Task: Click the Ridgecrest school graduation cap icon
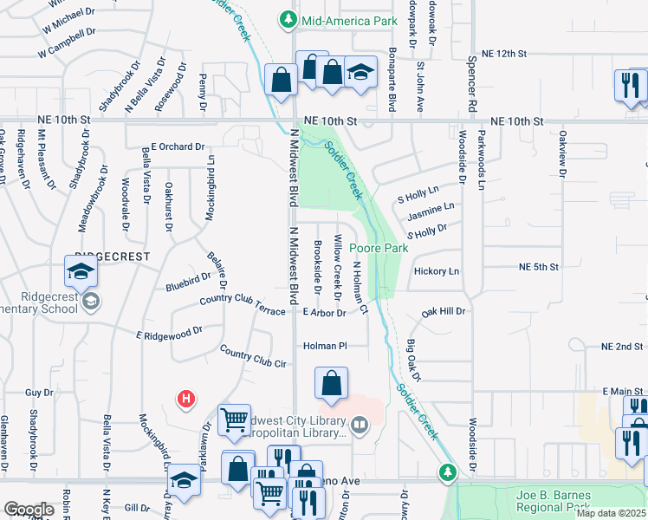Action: pyautogui.click(x=81, y=272)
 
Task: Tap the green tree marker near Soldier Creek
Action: pyautogui.click(x=447, y=472)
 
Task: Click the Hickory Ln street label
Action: pyautogui.click(x=437, y=271)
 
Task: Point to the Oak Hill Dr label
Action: pyautogui.click(x=444, y=310)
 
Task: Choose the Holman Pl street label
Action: pyautogui.click(x=325, y=346)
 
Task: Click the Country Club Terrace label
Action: pyautogui.click(x=242, y=303)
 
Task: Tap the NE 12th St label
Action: pyautogui.click(x=504, y=54)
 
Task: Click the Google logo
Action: pyautogui.click(x=29, y=510)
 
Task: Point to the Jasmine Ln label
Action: pyautogui.click(x=431, y=210)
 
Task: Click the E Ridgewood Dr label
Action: pyautogui.click(x=169, y=332)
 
